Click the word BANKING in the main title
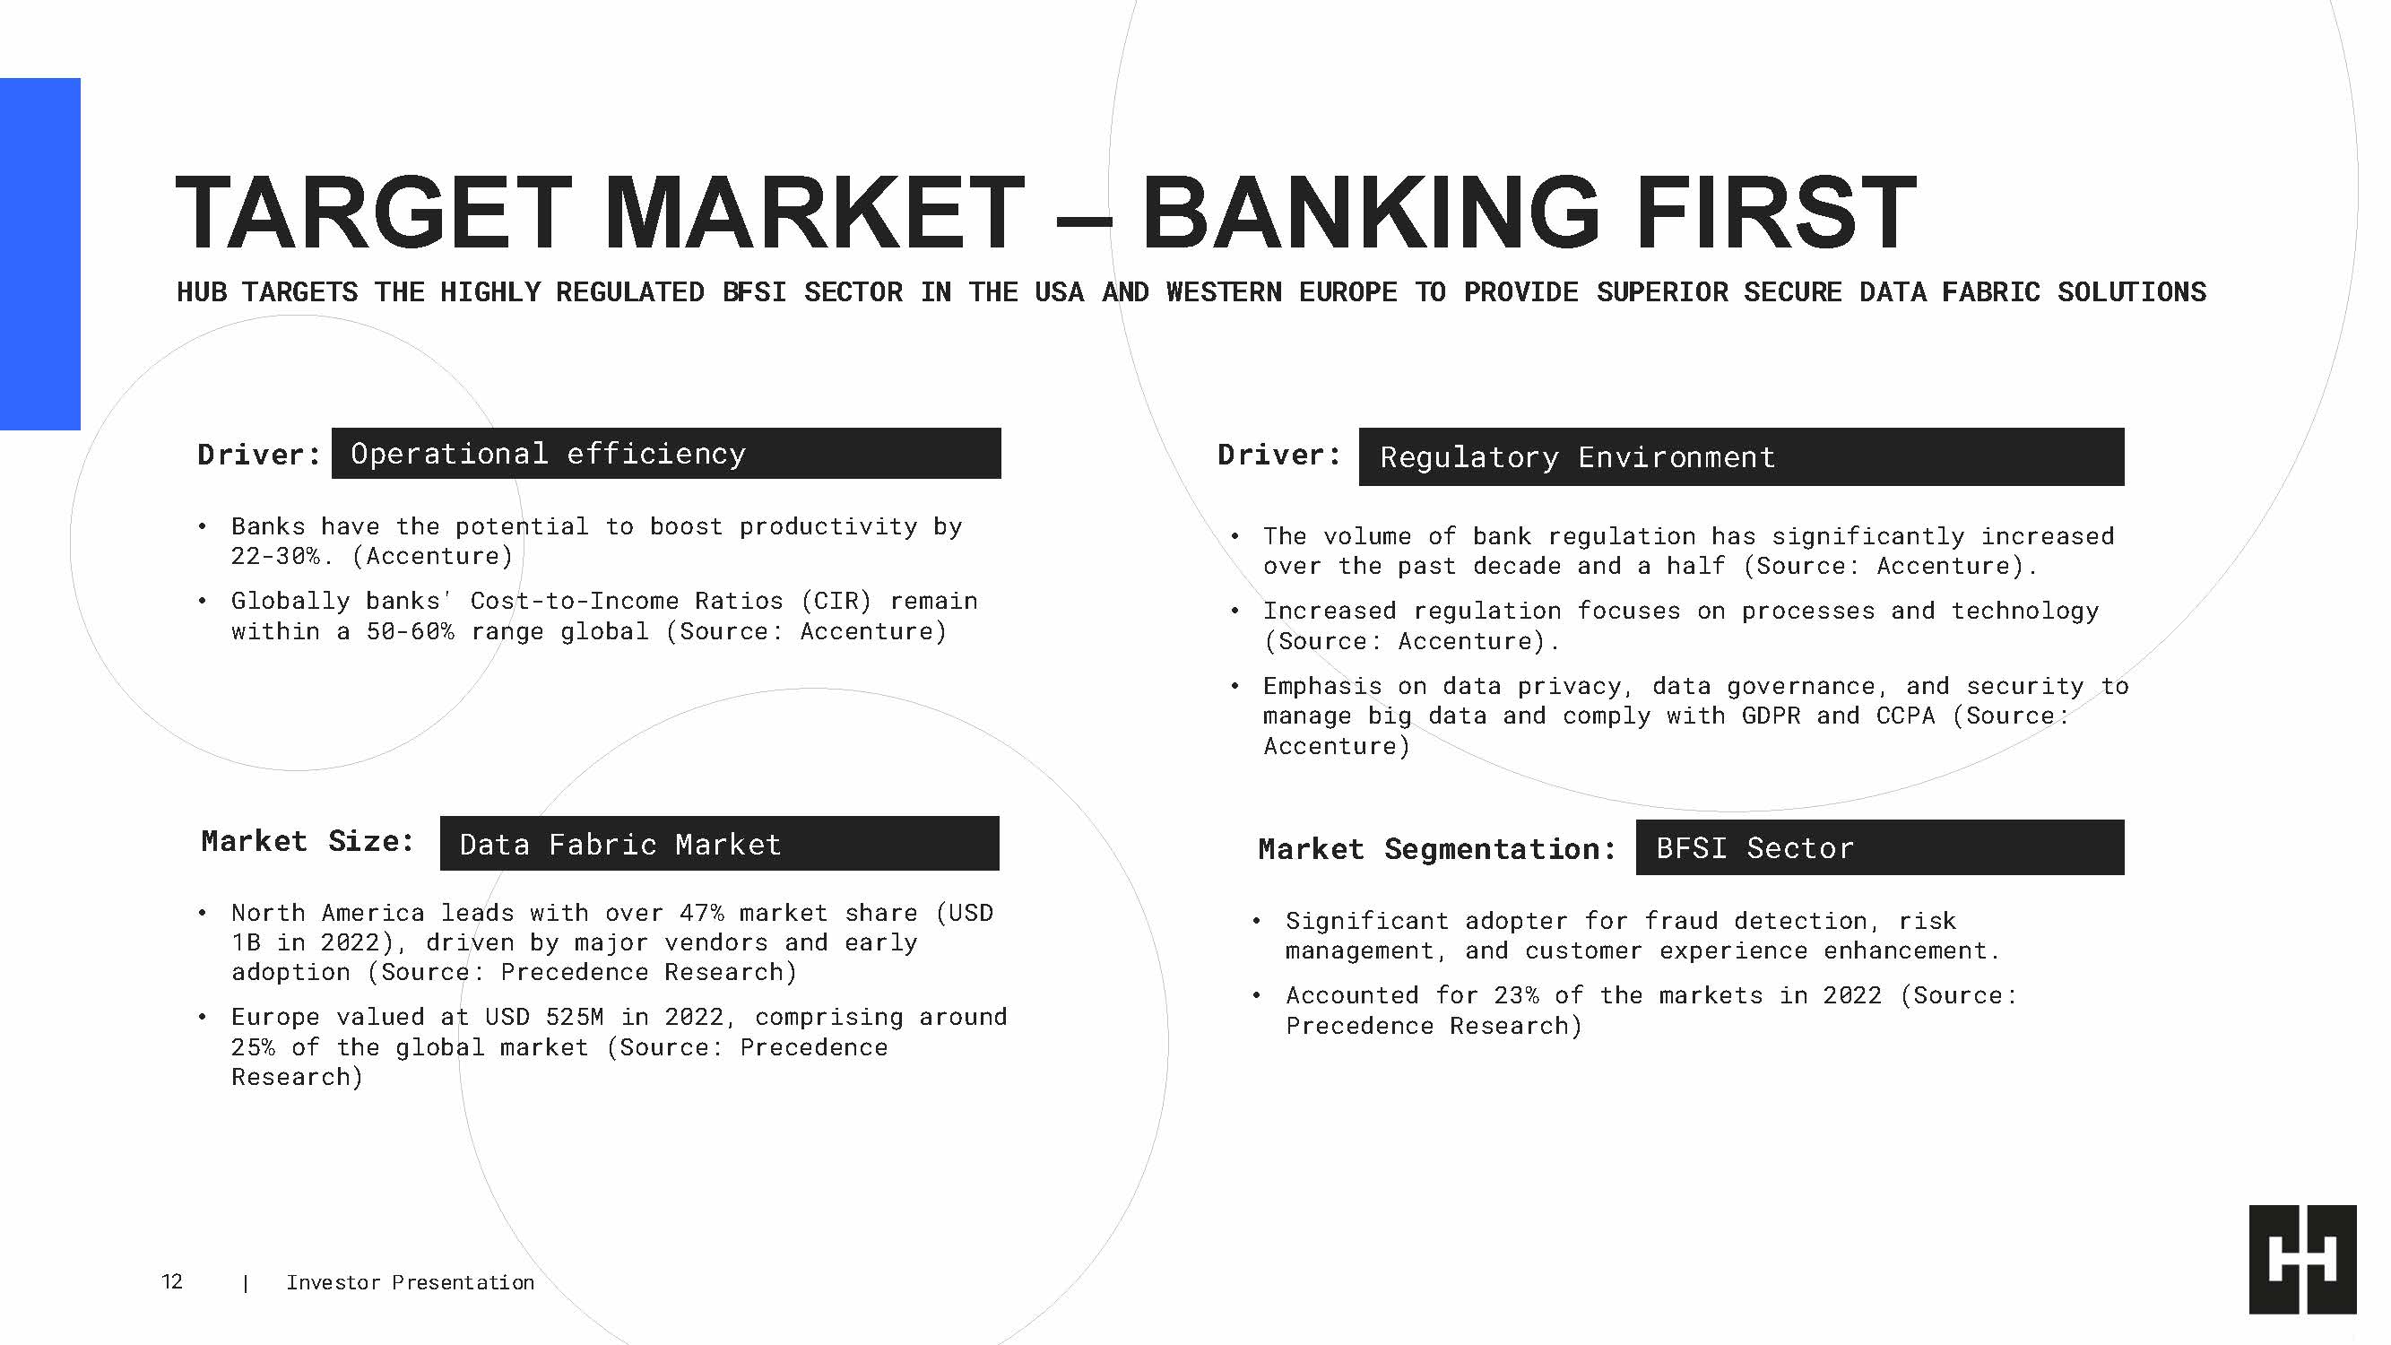pos(1370,213)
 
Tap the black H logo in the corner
pos(2302,1259)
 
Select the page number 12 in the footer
pos(172,1282)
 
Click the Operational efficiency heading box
pos(665,453)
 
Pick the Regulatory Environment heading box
pos(1741,456)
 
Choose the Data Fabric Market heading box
pos(719,844)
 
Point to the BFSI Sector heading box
pos(1880,847)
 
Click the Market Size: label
pos(308,841)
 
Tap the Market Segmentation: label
pos(1437,848)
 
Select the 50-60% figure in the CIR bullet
pos(411,631)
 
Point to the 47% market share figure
pos(702,913)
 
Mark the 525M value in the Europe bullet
pos(575,1017)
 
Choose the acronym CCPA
pos(1906,716)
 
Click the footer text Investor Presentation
pos(411,1282)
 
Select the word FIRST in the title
pos(1776,213)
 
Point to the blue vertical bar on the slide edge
pos(40,254)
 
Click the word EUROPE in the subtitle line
pos(1347,292)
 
